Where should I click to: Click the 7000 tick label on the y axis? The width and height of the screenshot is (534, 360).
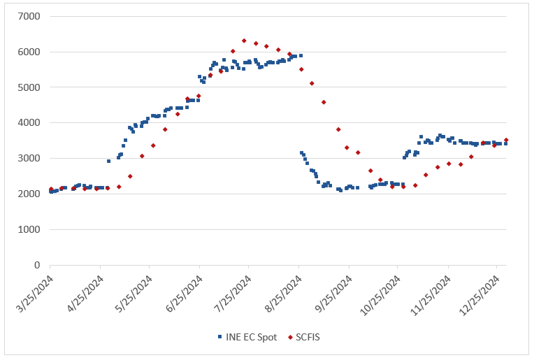[x=31, y=16]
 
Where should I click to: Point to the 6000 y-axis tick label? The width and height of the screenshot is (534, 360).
[x=31, y=52]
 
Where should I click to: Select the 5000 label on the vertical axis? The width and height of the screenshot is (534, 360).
[x=31, y=87]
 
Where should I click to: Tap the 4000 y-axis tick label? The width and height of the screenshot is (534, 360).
[x=31, y=123]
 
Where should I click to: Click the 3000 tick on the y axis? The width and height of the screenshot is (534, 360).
[x=31, y=159]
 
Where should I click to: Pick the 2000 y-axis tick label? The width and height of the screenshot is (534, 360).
[x=31, y=194]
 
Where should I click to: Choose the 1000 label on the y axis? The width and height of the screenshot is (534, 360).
[x=31, y=230]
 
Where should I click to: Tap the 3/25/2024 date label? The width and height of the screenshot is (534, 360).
[x=35, y=294]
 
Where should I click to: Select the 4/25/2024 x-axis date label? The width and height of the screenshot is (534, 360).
[x=85, y=294]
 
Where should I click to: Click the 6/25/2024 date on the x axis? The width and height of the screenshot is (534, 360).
[x=184, y=294]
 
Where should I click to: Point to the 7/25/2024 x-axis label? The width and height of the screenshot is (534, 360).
[x=233, y=294]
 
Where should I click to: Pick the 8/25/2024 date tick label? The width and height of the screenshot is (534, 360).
[x=283, y=294]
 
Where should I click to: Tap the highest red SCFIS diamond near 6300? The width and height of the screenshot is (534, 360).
[x=244, y=41]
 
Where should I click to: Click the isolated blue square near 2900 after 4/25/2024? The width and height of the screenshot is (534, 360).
[x=108, y=161]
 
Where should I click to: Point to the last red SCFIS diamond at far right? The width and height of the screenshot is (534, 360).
[x=506, y=140]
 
